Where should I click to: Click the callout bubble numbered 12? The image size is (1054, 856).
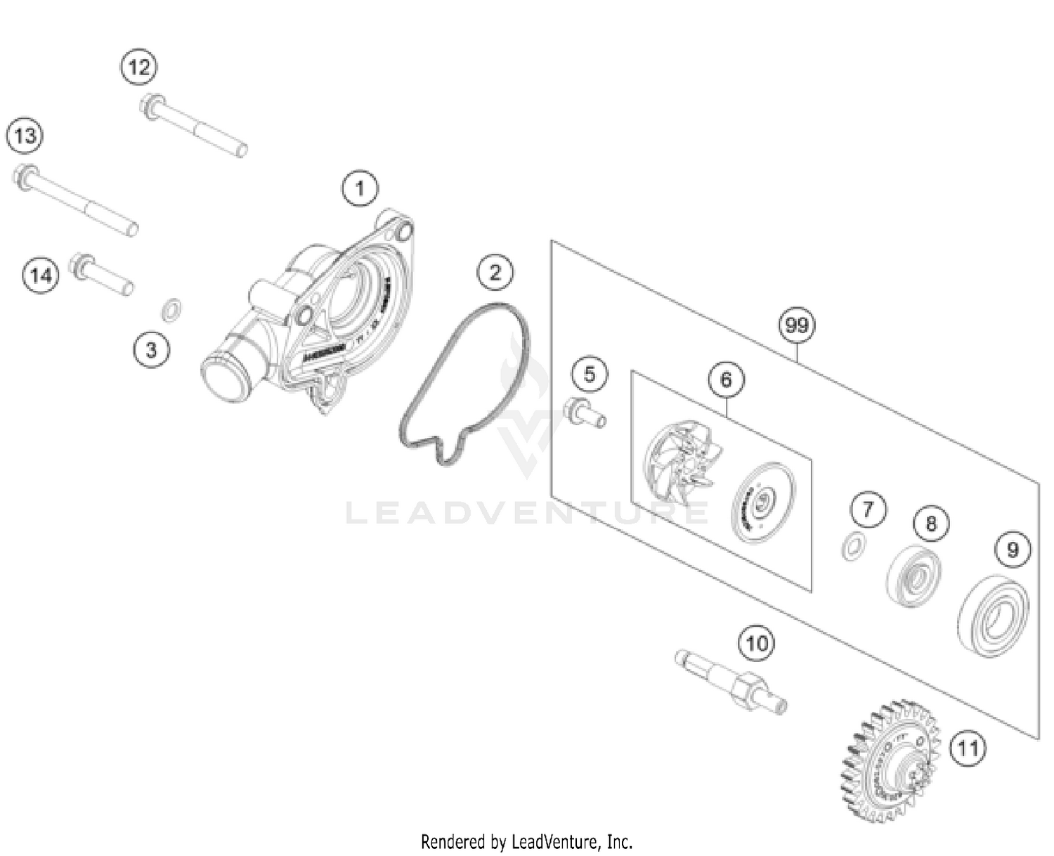(138, 67)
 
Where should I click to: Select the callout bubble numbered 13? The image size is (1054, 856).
(25, 135)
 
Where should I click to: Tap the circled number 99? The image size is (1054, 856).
(797, 325)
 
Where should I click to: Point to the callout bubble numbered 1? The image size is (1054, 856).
(360, 188)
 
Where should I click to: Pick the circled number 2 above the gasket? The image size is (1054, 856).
(495, 272)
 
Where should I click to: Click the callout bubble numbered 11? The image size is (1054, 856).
(968, 748)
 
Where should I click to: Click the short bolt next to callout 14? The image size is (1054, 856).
(102, 275)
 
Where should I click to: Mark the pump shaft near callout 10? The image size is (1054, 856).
(731, 683)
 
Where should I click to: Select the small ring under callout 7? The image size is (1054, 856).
(852, 547)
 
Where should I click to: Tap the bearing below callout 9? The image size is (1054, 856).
(993, 616)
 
